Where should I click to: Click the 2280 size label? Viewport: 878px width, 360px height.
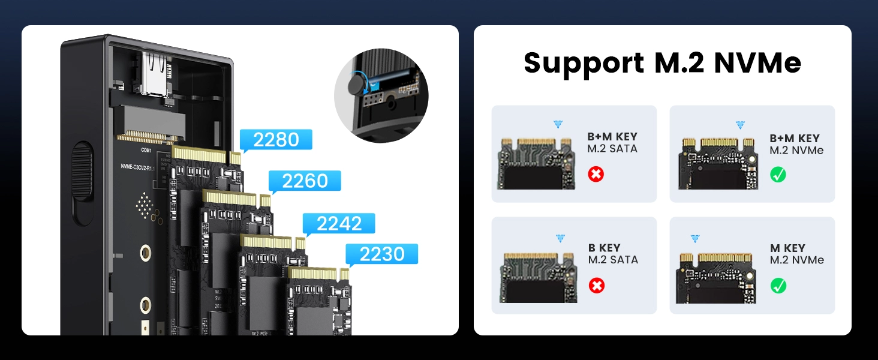276,140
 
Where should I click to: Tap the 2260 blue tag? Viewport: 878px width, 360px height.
305,181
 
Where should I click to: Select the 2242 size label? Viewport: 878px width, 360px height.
339,224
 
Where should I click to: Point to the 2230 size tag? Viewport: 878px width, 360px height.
382,254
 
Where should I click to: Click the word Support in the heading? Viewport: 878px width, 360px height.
576,64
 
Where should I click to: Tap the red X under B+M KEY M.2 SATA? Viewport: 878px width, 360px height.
596,175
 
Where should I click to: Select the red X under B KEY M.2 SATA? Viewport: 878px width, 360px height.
596,286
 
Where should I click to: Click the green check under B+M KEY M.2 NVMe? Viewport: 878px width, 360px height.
778,175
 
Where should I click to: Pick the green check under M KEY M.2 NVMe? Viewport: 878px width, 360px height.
778,286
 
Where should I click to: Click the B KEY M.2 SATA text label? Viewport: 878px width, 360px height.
612,254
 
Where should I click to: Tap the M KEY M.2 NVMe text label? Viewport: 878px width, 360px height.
796,254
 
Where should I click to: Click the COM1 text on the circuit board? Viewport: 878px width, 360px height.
146,150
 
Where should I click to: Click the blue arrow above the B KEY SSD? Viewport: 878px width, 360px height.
560,239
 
